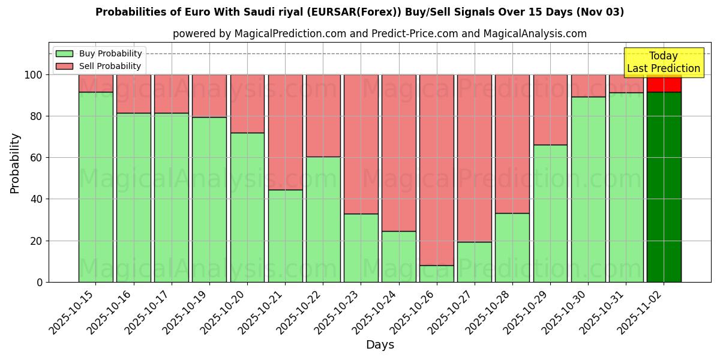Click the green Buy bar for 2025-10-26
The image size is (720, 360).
[x=437, y=274]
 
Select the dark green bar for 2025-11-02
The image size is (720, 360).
[x=664, y=187]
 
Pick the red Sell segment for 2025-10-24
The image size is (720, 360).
[x=399, y=152]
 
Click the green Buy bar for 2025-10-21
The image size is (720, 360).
[x=285, y=236]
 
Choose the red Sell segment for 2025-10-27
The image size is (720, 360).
[x=475, y=158]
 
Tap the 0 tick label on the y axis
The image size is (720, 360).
[x=39, y=282]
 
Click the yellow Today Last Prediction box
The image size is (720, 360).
[x=663, y=62]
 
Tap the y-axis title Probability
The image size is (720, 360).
[x=15, y=163]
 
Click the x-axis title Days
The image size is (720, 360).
[x=380, y=345]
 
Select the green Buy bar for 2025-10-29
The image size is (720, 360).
[x=550, y=213]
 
